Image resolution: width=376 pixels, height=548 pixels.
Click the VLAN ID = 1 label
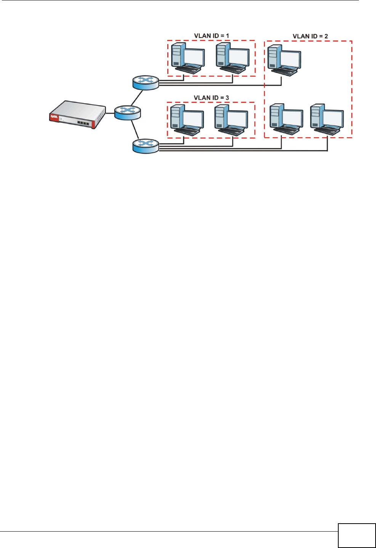(211, 36)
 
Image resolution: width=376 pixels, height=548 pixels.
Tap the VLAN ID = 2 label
(310, 36)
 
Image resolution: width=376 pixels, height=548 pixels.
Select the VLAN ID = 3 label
(211, 98)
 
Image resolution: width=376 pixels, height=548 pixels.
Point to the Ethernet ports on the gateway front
(83, 123)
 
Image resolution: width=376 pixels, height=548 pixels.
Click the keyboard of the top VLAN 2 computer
(285, 72)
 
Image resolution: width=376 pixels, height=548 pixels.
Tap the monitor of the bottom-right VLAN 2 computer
(333, 119)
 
